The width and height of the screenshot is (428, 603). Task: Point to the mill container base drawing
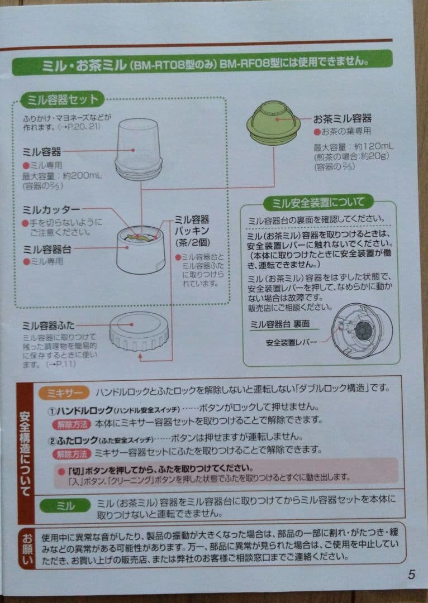(141, 249)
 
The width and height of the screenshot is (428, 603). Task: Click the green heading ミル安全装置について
(318, 202)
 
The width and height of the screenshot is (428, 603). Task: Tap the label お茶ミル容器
(343, 119)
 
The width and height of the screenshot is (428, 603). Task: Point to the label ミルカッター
(51, 209)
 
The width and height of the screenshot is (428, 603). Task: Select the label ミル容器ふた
(56, 325)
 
